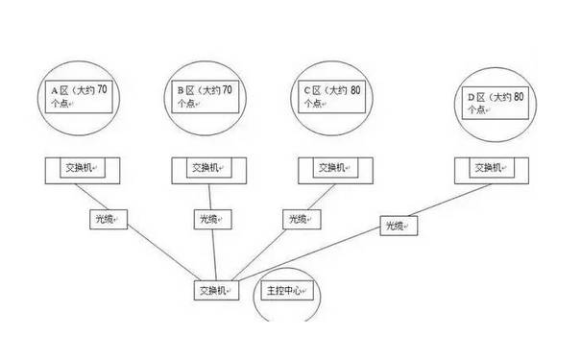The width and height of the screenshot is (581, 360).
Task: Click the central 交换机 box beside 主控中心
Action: click(217, 291)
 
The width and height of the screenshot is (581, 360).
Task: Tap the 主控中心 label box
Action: click(286, 290)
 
